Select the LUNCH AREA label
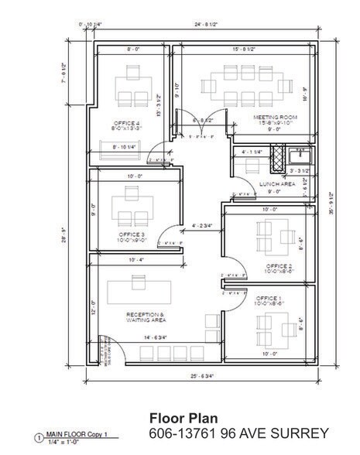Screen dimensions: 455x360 [276, 184]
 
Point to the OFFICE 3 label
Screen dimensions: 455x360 [132, 234]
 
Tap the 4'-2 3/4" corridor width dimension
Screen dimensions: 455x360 [202, 226]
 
